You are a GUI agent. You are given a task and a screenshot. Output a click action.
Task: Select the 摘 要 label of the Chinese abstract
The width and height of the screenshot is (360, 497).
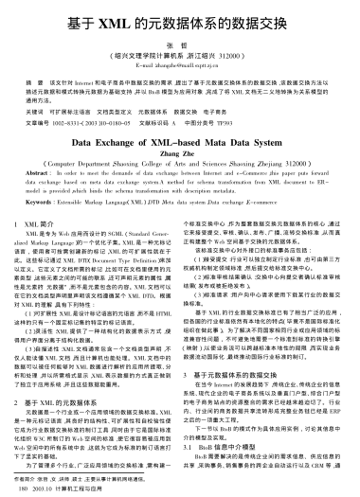[33, 83]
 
